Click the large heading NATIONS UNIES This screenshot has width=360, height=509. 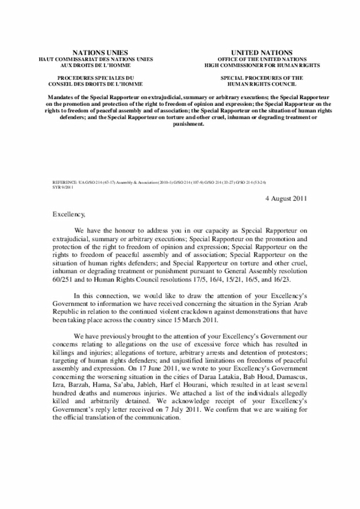pos(95,52)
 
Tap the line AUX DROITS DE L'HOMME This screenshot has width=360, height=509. pos(95,65)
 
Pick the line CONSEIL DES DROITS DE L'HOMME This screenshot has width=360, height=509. pos(95,84)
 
